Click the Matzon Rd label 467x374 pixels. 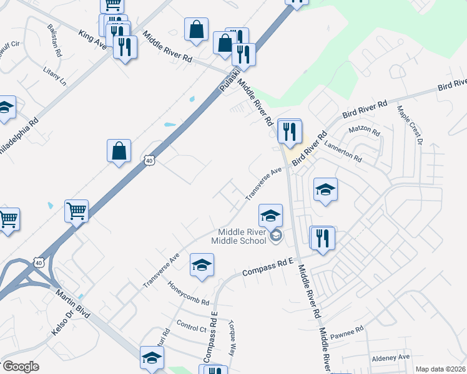point(364,132)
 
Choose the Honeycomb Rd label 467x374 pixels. point(189,293)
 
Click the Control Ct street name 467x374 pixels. point(191,325)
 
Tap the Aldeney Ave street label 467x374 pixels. point(390,357)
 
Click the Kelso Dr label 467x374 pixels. point(63,322)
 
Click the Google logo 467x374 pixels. point(20,367)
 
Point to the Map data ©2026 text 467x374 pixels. point(440,369)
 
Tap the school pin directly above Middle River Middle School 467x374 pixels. point(270,216)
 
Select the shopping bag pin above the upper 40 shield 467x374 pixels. point(119,151)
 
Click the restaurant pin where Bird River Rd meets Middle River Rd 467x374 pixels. point(289,132)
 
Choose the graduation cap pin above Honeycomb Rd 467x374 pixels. point(202,266)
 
